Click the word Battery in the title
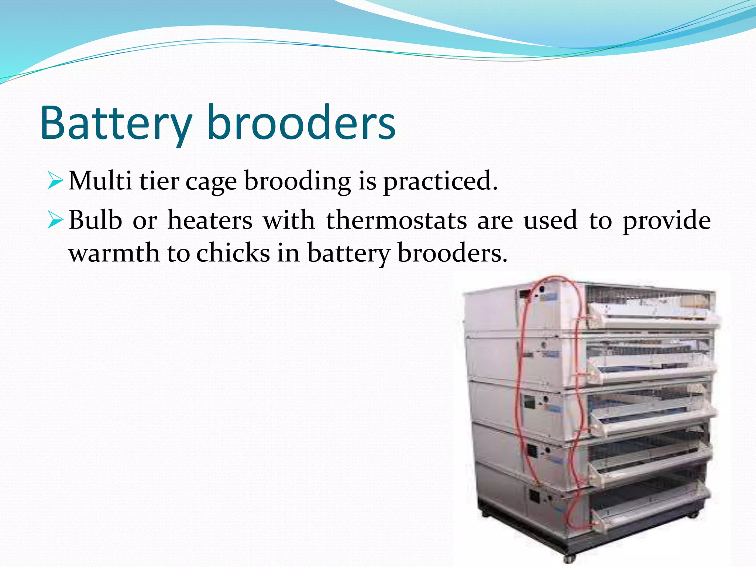point(116,123)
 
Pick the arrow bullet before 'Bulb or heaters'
point(56,220)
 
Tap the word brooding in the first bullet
point(298,182)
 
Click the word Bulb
point(95,220)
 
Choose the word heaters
point(210,220)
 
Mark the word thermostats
point(396,220)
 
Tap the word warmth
point(114,253)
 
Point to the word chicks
point(233,253)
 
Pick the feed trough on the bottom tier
point(650,515)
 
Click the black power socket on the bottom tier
point(534,497)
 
